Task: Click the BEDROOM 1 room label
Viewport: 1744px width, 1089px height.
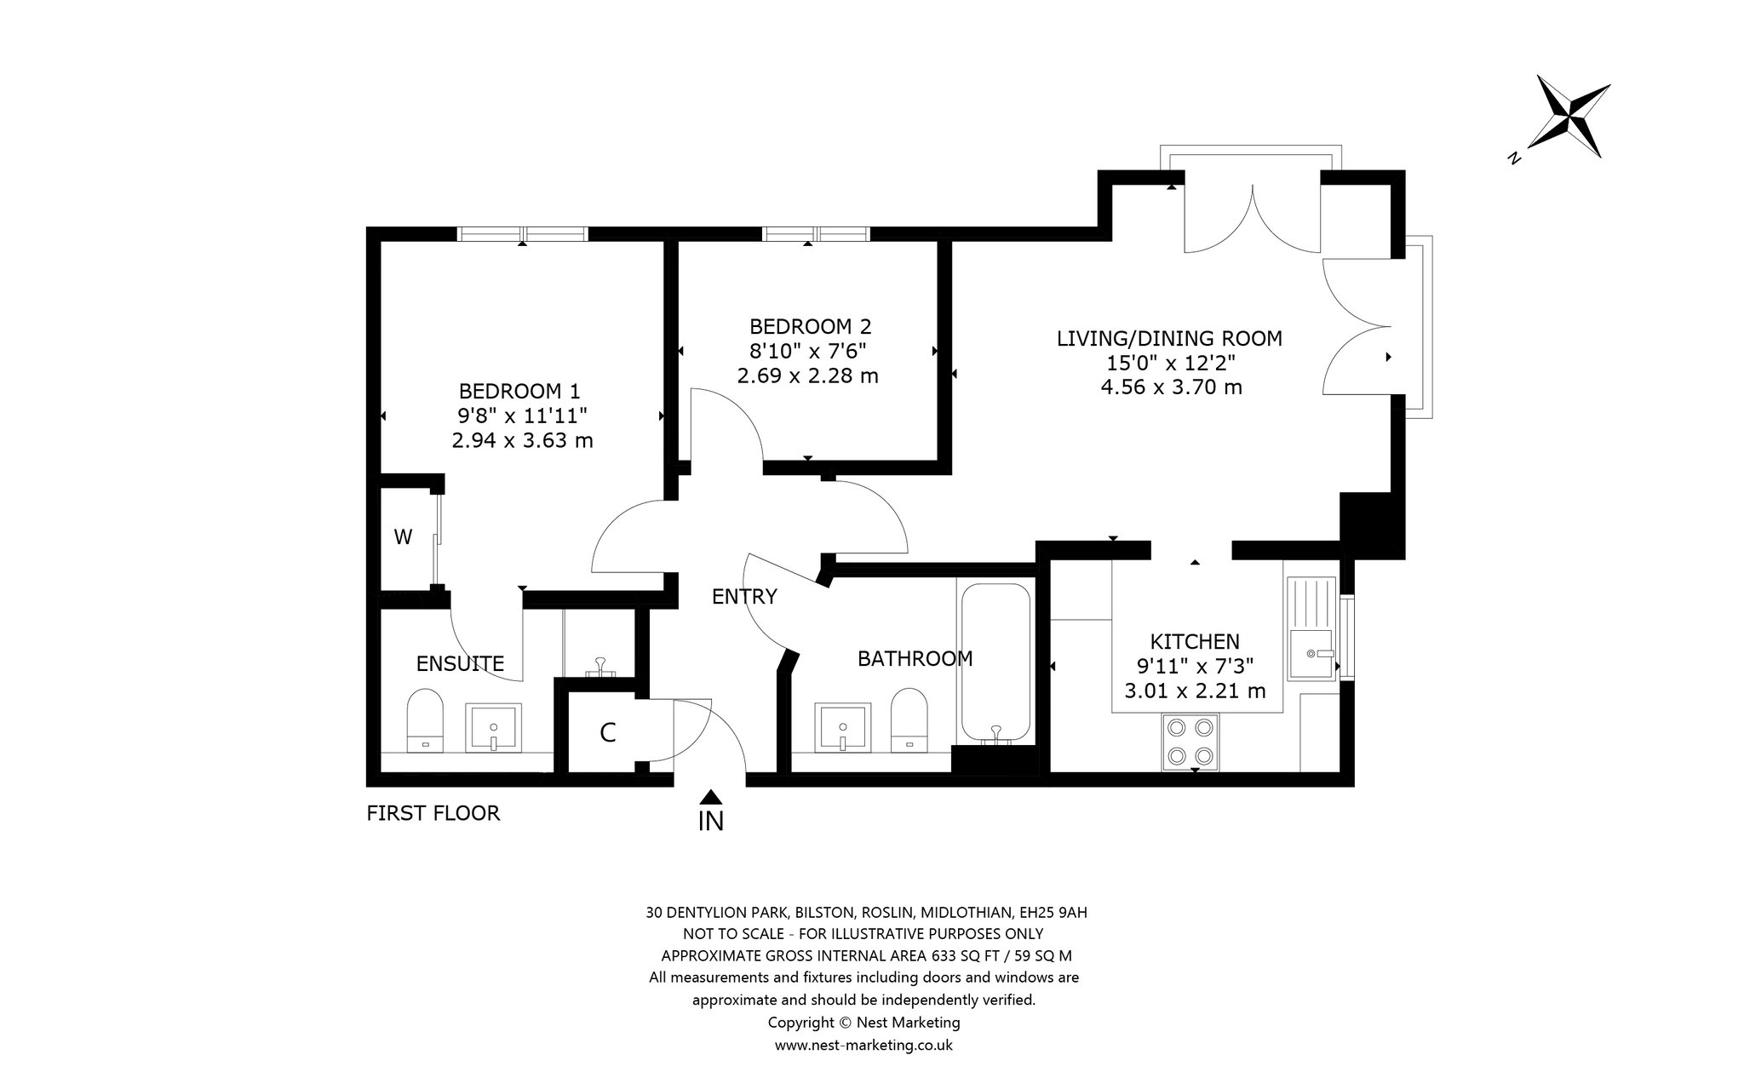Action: [519, 392]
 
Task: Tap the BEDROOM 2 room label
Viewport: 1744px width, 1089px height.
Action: [811, 327]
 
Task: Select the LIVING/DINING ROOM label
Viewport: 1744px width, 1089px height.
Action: [1169, 339]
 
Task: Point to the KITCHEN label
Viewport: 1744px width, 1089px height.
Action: [1195, 642]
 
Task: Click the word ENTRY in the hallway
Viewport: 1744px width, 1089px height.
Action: [744, 597]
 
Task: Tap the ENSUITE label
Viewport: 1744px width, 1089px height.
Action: [460, 664]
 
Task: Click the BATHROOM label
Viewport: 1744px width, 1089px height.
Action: [915, 659]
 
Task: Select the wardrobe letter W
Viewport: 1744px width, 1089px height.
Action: [403, 537]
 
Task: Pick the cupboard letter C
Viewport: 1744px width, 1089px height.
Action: [608, 733]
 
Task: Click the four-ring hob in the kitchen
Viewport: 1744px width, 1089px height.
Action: [1190, 742]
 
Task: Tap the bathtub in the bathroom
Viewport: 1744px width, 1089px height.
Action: [995, 662]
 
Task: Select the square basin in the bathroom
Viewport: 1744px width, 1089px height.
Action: [842, 727]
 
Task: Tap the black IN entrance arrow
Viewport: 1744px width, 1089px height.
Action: [711, 797]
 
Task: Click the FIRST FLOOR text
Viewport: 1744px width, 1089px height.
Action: [433, 814]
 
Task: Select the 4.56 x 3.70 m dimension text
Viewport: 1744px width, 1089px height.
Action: [1171, 388]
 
